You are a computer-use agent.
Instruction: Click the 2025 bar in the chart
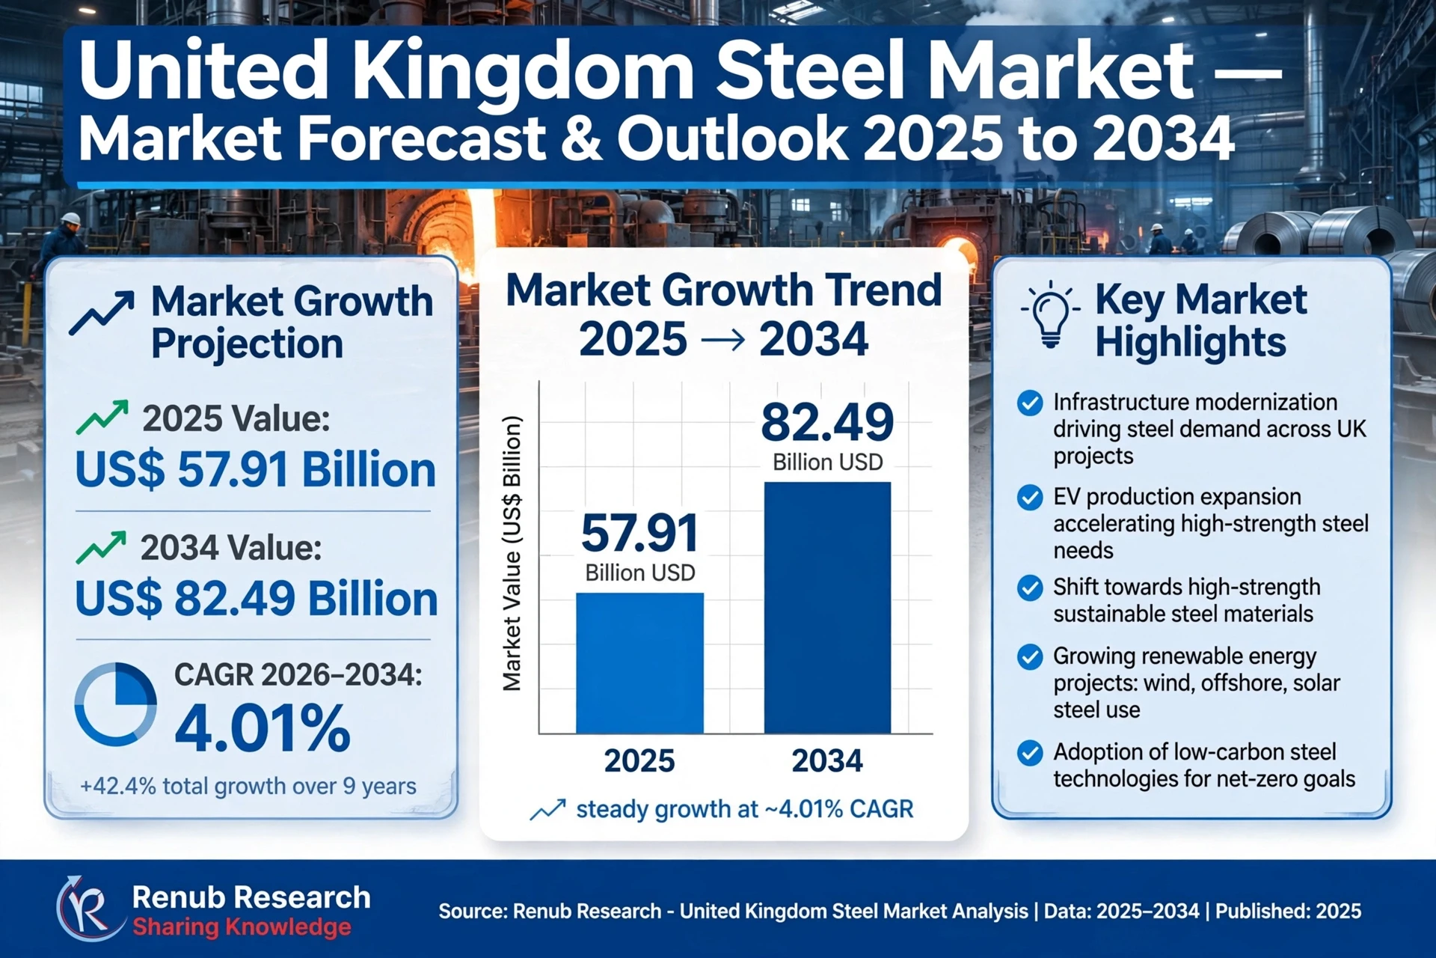[639, 663]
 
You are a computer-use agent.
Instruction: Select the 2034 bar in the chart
[827, 608]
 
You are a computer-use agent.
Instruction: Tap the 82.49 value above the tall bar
[827, 422]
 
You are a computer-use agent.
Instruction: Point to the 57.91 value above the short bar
[639, 533]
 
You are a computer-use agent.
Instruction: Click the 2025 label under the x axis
[639, 760]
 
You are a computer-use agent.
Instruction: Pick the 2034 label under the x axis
[827, 760]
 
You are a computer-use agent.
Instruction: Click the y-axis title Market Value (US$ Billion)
[512, 553]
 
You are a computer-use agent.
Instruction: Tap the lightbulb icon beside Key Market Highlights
[1050, 315]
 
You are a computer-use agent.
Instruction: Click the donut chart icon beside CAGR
[116, 704]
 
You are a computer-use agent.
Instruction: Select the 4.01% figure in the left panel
[263, 727]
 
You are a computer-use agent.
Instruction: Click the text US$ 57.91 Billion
[256, 469]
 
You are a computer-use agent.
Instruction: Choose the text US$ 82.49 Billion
[257, 598]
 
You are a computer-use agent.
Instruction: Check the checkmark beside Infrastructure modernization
[1030, 403]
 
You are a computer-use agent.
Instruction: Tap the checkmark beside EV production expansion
[1030, 497]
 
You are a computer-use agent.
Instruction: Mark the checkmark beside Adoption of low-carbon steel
[1030, 752]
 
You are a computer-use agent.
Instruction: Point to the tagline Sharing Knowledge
[242, 927]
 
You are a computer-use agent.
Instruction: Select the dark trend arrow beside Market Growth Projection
[102, 312]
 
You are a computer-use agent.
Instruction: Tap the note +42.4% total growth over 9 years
[248, 786]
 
